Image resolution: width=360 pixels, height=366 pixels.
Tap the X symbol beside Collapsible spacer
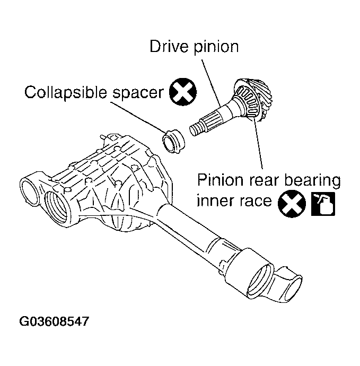181,93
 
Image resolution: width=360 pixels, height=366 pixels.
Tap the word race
255,202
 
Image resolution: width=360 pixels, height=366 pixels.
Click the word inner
215,202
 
